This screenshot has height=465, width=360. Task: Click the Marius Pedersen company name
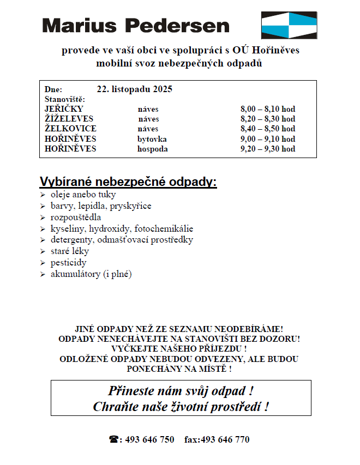pyautogui.click(x=135, y=26)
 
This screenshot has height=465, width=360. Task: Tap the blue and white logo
pyautogui.click(x=289, y=25)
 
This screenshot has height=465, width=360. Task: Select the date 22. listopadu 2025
pyautogui.click(x=134, y=89)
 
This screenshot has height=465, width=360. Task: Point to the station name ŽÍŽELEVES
pyautogui.click(x=69, y=119)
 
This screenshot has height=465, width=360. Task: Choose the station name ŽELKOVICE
pyautogui.click(x=70, y=129)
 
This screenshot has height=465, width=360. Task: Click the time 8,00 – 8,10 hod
pyautogui.click(x=267, y=110)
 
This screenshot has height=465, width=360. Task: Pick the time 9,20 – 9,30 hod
pyautogui.click(x=267, y=149)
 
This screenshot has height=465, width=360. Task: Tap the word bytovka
pyautogui.click(x=152, y=139)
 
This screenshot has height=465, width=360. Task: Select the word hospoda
pyautogui.click(x=152, y=149)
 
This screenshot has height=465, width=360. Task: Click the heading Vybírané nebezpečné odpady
pyautogui.click(x=128, y=182)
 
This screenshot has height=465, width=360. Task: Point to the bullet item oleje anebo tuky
pyautogui.click(x=83, y=195)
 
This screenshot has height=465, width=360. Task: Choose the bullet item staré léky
pyautogui.click(x=69, y=251)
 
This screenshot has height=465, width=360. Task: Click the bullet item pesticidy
pyautogui.click(x=68, y=263)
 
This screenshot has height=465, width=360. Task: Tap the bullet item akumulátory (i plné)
pyautogui.click(x=91, y=274)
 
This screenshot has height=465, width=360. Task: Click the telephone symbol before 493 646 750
pyautogui.click(x=114, y=439)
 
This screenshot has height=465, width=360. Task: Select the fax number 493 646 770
pyautogui.click(x=225, y=439)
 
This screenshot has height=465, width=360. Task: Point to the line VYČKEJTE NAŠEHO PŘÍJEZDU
pyautogui.click(x=179, y=348)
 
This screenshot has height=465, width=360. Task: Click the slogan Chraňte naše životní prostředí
pyautogui.click(x=181, y=407)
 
